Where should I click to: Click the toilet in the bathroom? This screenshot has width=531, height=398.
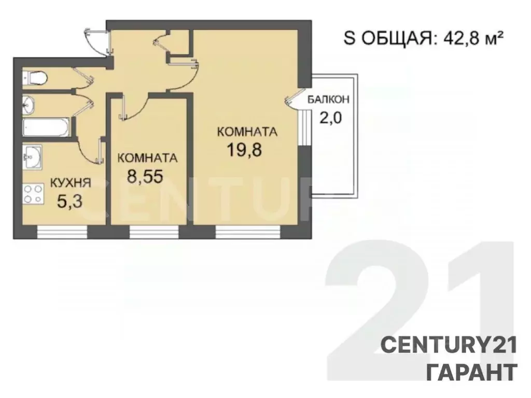click(x=35, y=78)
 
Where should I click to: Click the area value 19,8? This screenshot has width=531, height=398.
click(x=244, y=150)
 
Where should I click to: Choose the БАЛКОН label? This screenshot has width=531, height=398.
click(x=329, y=99)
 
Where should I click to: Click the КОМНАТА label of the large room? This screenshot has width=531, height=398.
click(x=247, y=132)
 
